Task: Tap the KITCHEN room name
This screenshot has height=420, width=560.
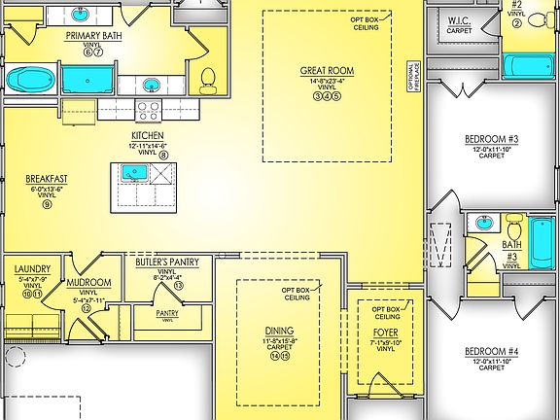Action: (148, 135)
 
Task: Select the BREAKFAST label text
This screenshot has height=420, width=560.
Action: (47, 179)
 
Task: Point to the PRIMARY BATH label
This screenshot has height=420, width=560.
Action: (92, 36)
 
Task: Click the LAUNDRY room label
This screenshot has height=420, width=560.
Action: (32, 269)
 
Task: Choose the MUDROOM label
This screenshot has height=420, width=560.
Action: (88, 282)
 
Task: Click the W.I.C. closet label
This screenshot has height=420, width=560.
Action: (460, 19)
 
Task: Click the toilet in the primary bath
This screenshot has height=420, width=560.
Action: (207, 77)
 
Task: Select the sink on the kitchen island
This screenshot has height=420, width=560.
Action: (134, 174)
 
